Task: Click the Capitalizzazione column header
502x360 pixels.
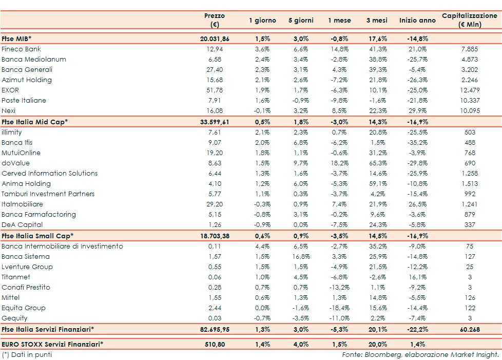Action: pyautogui.click(x=470, y=20)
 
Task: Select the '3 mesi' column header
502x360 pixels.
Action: pyautogui.click(x=376, y=21)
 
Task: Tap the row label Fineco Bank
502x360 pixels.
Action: pyautogui.click(x=22, y=49)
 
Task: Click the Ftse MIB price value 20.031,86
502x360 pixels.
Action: pyautogui.click(x=215, y=39)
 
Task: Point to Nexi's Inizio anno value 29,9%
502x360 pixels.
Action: pyautogui.click(x=417, y=111)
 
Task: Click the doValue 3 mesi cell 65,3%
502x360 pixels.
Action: pyautogui.click(x=376, y=163)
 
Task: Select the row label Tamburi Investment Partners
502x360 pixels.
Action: pyautogui.click(x=48, y=194)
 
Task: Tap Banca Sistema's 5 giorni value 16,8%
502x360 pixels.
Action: pyautogui.click(x=301, y=257)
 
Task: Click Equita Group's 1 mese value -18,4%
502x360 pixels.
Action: pyautogui.click(x=339, y=308)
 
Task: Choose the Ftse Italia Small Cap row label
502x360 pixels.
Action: pyautogui.click(x=37, y=236)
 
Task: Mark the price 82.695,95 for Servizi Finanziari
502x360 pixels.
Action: pyautogui.click(x=215, y=329)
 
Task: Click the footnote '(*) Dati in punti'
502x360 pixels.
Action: pyautogui.click(x=27, y=354)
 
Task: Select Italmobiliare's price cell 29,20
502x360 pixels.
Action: pyautogui.click(x=215, y=204)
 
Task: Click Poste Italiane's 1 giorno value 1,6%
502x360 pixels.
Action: pyautogui.click(x=262, y=101)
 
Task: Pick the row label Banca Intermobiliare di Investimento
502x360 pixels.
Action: pyautogui.click(x=62, y=247)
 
